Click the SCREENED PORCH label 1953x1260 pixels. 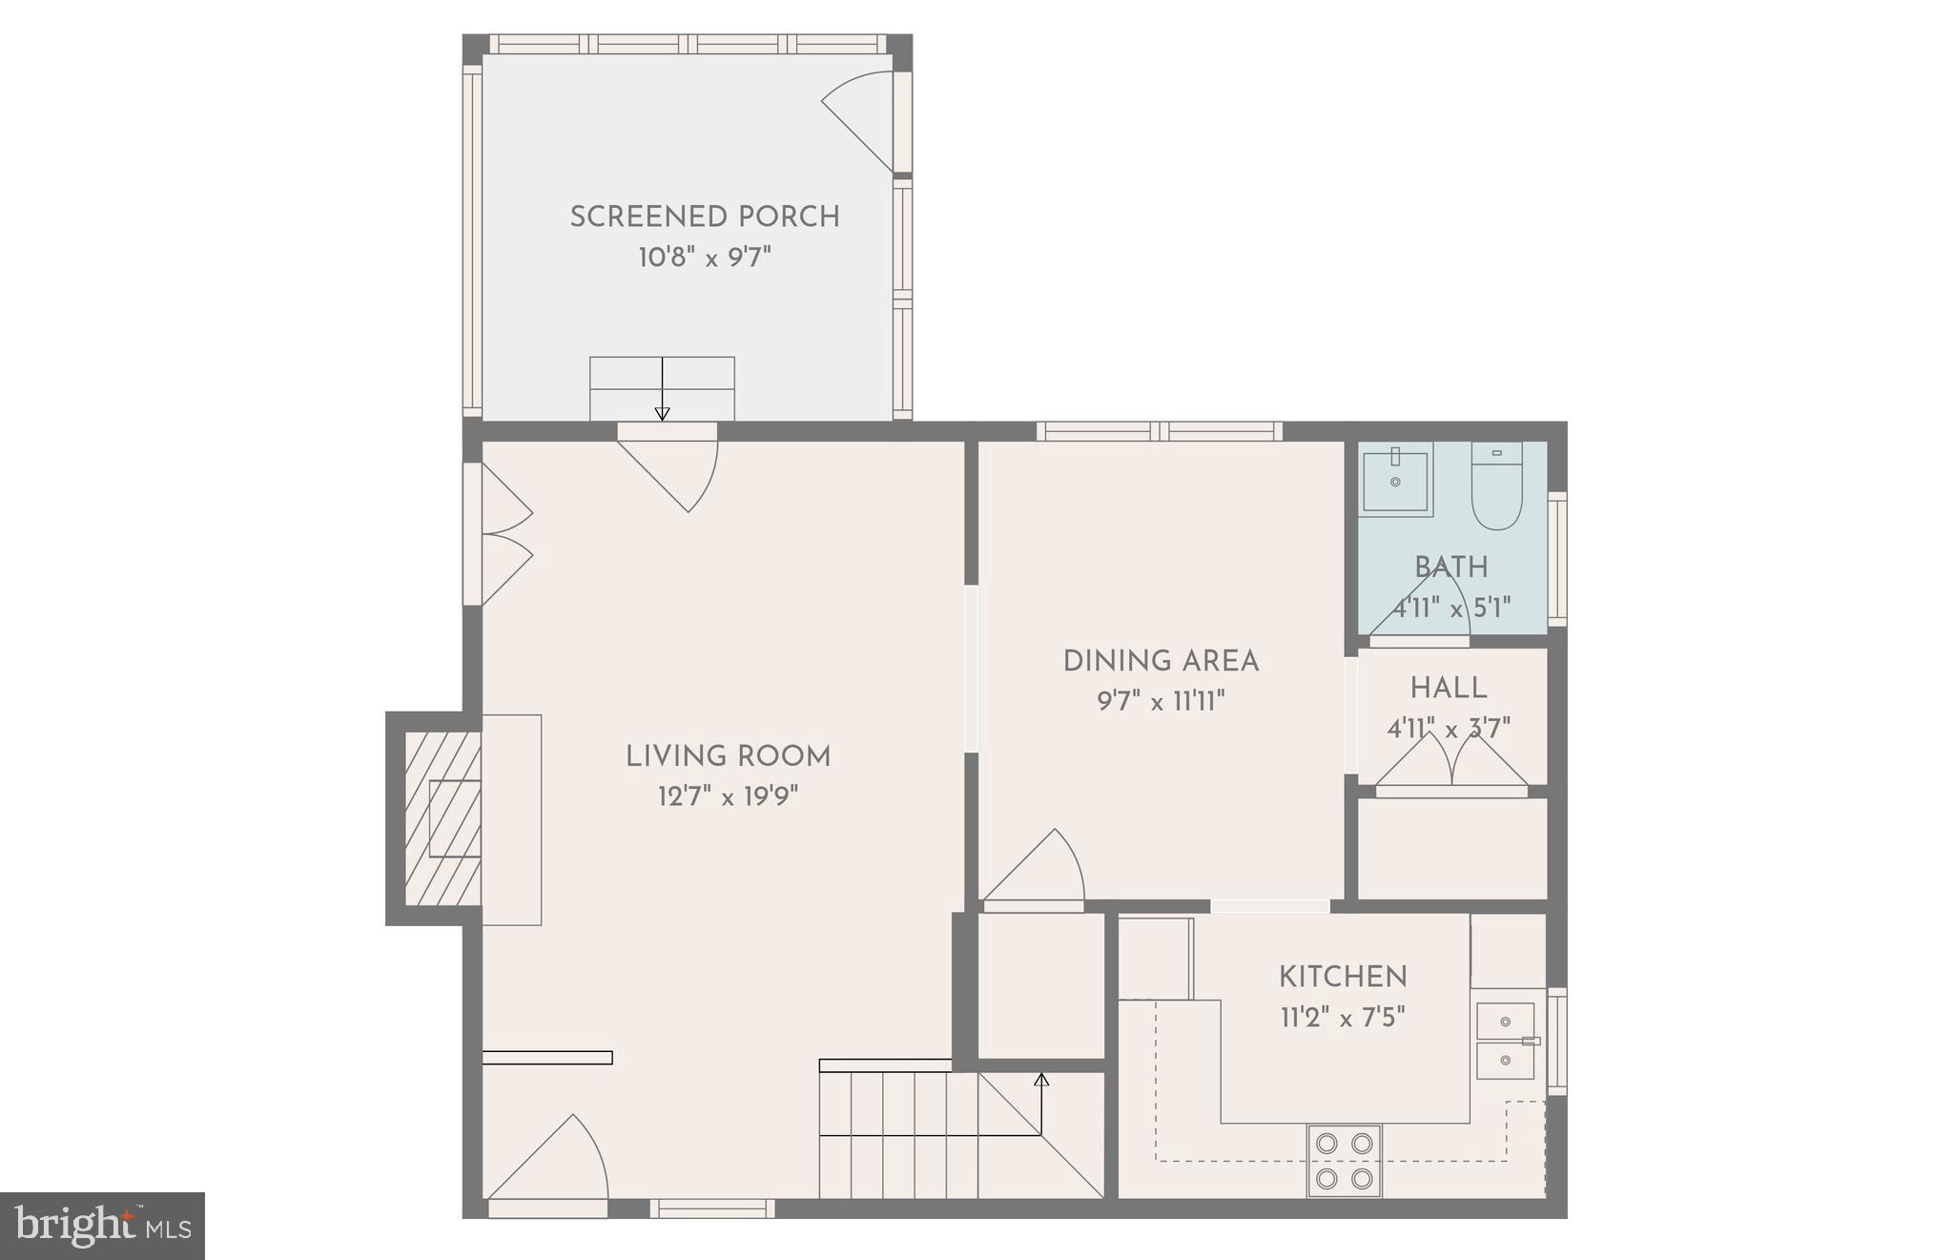705,217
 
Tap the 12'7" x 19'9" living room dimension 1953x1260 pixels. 728,796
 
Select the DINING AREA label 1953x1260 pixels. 1161,661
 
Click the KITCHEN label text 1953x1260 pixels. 1343,977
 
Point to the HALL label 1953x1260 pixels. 1449,688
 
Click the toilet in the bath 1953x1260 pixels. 1496,486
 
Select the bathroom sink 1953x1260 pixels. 1395,480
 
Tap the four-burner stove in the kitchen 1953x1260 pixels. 1344,1161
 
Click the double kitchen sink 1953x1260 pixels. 1506,1041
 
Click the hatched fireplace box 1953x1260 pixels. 442,818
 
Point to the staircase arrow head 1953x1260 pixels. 1041,1080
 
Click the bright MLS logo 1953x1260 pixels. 103,1226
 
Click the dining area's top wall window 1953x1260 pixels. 1159,431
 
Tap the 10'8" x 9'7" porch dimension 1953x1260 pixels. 705,258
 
